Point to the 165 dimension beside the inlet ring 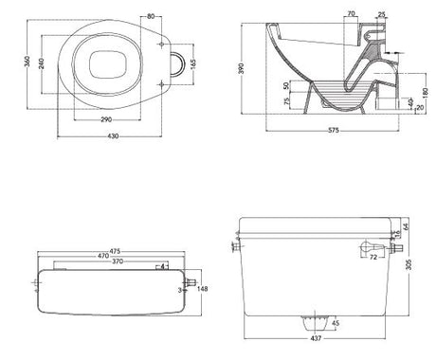(x=192, y=67)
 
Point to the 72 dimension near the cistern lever (x=373, y=257)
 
